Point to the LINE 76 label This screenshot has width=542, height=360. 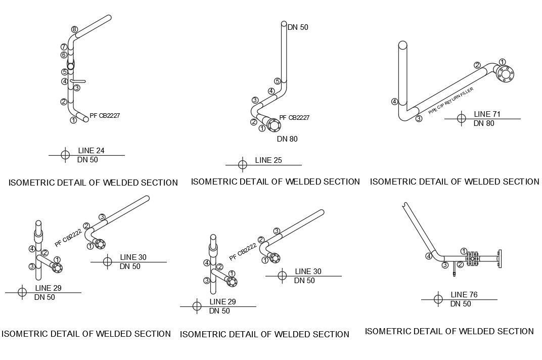pos(464,295)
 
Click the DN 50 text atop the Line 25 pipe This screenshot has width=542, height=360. pos(298,27)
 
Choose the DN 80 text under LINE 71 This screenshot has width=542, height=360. pos(484,123)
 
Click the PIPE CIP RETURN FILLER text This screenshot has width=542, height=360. pos(451,101)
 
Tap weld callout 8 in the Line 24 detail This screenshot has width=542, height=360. pos(74,29)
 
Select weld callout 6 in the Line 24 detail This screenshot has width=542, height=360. pos(64,55)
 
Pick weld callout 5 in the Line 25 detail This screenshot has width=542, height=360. pos(278,81)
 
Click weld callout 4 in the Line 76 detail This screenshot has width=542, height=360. pos(429,256)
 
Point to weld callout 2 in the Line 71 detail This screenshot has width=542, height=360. pos(477,65)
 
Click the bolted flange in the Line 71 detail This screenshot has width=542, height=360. pos(505,74)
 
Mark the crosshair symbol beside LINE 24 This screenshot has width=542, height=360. pos(65,155)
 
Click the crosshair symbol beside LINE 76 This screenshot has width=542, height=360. pos(438,299)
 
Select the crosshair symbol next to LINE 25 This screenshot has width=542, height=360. pos(243,165)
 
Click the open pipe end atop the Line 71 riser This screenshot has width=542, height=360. pos(403,45)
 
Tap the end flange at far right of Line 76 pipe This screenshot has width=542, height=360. pos(500,258)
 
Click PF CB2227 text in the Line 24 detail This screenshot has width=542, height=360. pos(105,116)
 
